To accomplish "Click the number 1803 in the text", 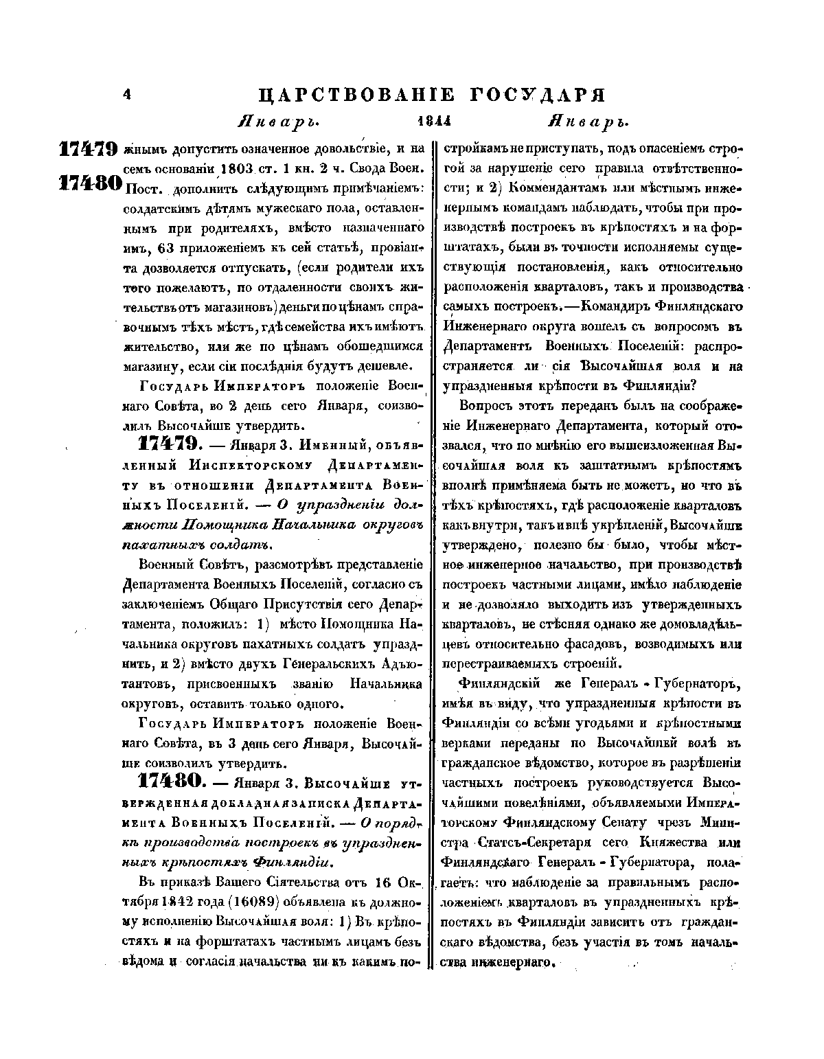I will pos(238,168).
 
